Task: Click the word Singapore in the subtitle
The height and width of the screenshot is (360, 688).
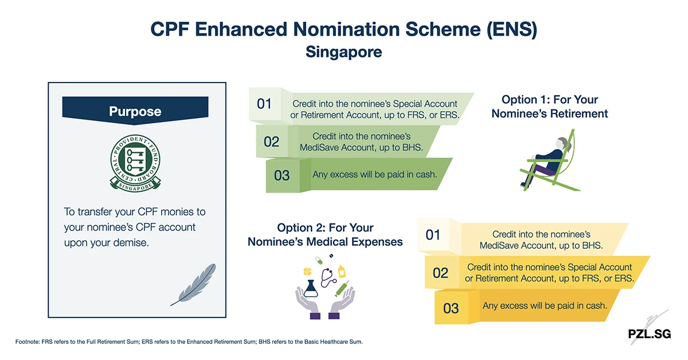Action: tap(343, 52)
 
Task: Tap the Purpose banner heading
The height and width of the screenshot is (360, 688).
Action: tap(135, 111)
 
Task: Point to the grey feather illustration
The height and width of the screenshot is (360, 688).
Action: tap(193, 284)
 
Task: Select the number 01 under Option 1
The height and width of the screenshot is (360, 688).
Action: tap(264, 104)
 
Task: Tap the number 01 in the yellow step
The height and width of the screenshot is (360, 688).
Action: tap(433, 234)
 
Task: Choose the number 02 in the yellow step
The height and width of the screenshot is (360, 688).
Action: tap(440, 272)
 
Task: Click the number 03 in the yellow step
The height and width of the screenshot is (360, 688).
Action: tap(451, 308)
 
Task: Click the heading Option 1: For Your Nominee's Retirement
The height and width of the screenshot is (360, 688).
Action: tap(549, 107)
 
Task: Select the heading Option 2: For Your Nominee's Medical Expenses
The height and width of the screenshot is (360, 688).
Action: tap(325, 235)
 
